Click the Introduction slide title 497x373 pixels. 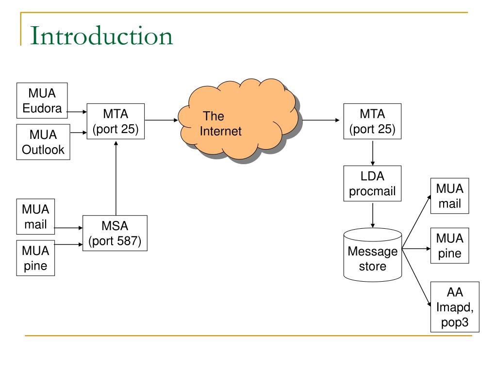tap(101, 35)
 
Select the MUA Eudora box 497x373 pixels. tap(42, 101)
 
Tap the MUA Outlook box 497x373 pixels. tap(43, 142)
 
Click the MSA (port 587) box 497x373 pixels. tap(115, 233)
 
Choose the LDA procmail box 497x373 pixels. tap(372, 183)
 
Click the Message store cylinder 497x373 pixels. tap(373, 254)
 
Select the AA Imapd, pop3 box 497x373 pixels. tap(455, 307)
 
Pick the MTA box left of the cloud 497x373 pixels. tap(116, 121)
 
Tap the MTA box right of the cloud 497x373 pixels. tap(372, 121)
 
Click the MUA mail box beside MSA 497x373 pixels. tap(35, 217)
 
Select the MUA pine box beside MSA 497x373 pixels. tap(35, 258)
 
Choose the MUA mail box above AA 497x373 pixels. tap(449, 196)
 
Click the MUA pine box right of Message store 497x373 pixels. tap(449, 245)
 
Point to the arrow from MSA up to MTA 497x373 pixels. tap(116, 178)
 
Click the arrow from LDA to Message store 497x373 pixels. tap(373, 215)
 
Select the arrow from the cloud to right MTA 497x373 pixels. tap(321, 120)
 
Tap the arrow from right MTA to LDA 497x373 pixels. tap(373, 153)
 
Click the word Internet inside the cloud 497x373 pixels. tap(221, 131)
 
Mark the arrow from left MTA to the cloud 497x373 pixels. tap(161, 120)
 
